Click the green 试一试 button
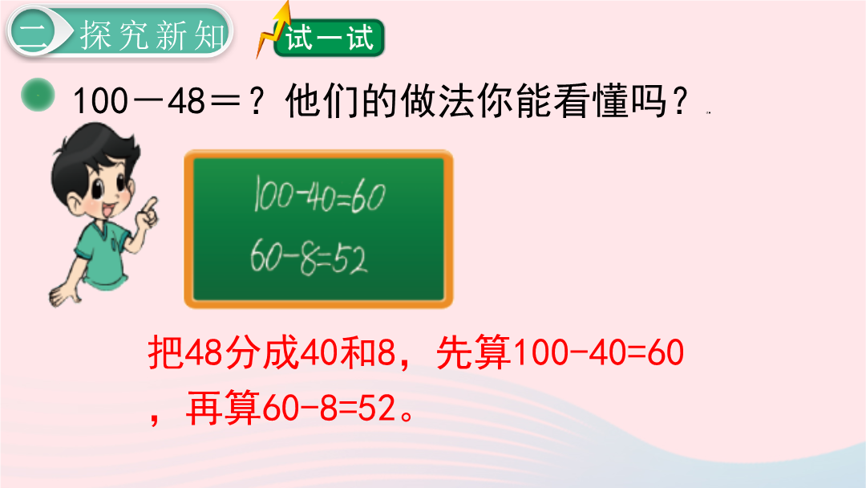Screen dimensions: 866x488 [330, 38]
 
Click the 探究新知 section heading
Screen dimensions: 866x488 [152, 35]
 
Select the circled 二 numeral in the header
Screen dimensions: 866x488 [33, 32]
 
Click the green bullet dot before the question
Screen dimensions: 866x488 [38, 95]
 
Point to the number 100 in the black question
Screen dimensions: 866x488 [100, 102]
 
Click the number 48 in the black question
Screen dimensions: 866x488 [186, 101]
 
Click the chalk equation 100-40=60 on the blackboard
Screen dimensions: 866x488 [319, 194]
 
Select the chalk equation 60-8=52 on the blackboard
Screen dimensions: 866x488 [308, 258]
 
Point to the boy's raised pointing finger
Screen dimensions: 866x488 [150, 205]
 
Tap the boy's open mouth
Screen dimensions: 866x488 [108, 210]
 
